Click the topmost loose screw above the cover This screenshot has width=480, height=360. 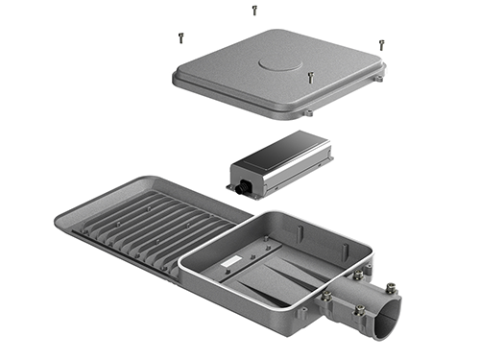(254, 11)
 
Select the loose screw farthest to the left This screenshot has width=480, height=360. (180, 37)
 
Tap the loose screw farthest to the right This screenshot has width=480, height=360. (381, 44)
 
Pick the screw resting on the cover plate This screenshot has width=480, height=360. (309, 76)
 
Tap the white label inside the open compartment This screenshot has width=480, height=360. (232, 260)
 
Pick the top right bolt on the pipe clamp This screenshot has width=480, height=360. (391, 286)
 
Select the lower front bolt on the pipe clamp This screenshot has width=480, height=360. (359, 309)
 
